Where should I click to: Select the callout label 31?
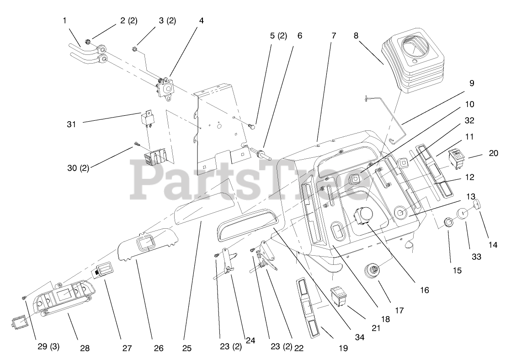point(71,124)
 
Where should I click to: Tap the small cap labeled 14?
point(477,204)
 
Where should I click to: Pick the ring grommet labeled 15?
point(449,223)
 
